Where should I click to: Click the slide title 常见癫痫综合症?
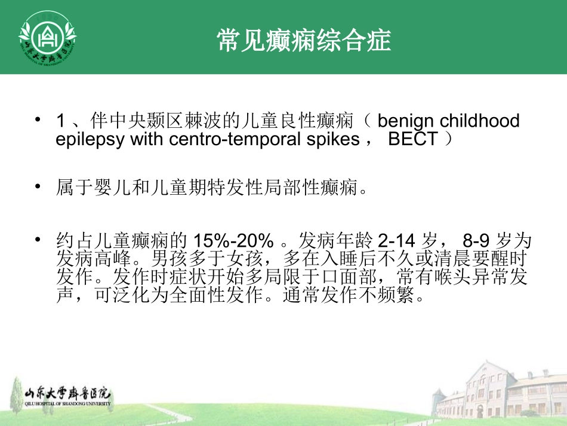click(304, 41)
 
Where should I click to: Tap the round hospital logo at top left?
click(47, 36)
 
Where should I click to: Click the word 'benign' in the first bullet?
click(406, 121)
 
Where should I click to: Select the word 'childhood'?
click(480, 121)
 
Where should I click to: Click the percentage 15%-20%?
click(233, 241)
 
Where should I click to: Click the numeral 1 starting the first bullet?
click(60, 121)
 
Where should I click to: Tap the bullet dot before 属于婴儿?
click(39, 187)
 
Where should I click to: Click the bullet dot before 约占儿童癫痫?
click(39, 240)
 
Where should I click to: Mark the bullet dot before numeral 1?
click(39, 120)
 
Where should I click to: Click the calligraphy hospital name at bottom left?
click(67, 394)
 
